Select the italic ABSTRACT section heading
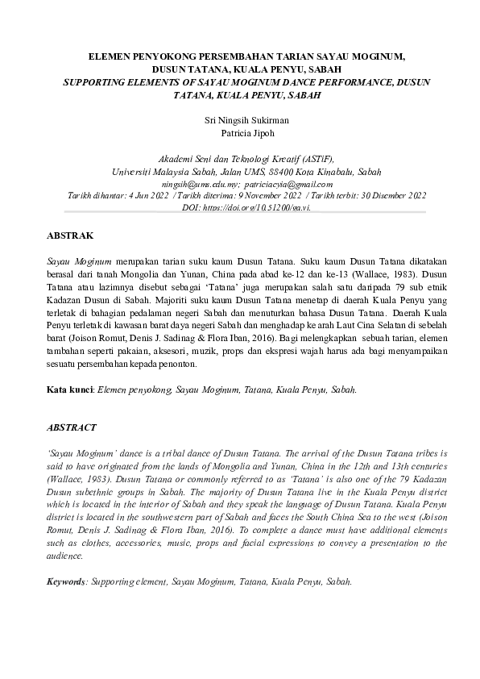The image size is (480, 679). (x=71, y=427)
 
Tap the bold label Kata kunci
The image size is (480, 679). (x=68, y=389)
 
